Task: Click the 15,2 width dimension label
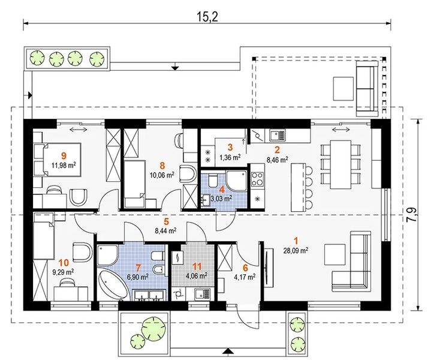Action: [x=207, y=17]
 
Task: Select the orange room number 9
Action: [x=65, y=155]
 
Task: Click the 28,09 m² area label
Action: [x=296, y=251]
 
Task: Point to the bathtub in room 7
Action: [x=113, y=286]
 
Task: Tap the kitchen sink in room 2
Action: [x=276, y=135]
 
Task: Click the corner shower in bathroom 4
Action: [x=236, y=181]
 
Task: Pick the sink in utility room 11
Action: [x=203, y=294]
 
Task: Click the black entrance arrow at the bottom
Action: [x=228, y=351]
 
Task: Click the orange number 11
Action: [x=197, y=266]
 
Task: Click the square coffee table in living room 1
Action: [x=335, y=254]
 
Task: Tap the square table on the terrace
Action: [x=343, y=89]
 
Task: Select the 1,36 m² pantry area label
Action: [x=230, y=157]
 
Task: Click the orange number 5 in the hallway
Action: [x=166, y=221]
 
